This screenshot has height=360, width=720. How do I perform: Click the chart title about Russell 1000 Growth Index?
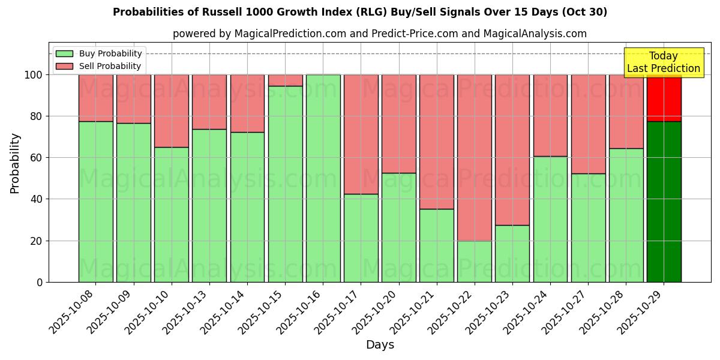(x=360, y=12)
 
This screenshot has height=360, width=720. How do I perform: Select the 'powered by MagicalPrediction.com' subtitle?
(x=379, y=34)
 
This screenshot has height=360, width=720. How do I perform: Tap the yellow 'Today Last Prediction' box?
(x=663, y=62)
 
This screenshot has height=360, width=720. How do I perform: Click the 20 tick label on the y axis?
(x=38, y=241)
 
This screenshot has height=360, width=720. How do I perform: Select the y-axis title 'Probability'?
(x=15, y=163)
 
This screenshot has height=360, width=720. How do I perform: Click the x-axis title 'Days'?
(x=380, y=345)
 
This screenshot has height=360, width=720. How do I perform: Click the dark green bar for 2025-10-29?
(x=664, y=201)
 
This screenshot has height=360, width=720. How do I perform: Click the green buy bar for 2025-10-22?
(x=475, y=261)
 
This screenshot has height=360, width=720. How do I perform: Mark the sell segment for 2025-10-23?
(x=512, y=150)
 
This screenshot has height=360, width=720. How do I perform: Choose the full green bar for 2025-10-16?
(x=323, y=178)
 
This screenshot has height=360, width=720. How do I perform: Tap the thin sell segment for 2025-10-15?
(x=285, y=80)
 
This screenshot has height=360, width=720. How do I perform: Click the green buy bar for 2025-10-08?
(x=95, y=201)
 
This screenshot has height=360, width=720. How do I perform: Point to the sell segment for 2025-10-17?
(x=361, y=134)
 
